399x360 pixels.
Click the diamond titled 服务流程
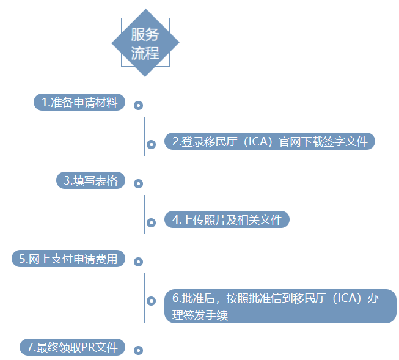coord(145,43)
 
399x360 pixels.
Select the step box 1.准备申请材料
coord(79,102)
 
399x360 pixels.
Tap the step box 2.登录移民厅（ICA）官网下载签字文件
coord(269,141)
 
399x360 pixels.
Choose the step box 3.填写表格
coord(90,180)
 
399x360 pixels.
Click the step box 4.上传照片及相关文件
coord(227,219)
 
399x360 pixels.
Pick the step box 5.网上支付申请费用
coord(68,259)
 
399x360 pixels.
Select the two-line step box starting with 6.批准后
coord(280,306)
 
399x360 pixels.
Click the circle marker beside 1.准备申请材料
coord(139,106)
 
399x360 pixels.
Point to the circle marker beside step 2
coord(151,145)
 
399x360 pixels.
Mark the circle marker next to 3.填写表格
coord(139,183)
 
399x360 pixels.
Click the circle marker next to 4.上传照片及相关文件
coord(151,222)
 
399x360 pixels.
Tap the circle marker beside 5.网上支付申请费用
coord(139,262)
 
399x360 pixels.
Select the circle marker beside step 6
coord(151,301)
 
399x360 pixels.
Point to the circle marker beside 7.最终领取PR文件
coord(139,351)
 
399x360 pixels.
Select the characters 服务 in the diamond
coord(145,34)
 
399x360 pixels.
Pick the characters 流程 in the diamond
coord(145,53)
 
